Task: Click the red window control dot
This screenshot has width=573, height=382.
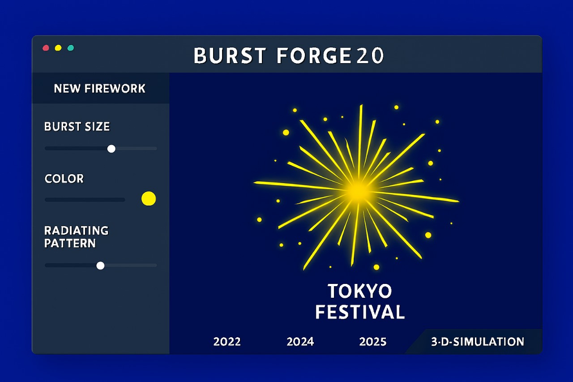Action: click(46, 48)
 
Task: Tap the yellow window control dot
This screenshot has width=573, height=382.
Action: click(58, 48)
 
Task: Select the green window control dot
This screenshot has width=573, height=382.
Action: click(71, 48)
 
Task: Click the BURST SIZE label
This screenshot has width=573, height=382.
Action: click(77, 127)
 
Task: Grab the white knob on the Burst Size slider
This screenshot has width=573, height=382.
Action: click(111, 149)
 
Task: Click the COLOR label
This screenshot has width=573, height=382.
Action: click(64, 179)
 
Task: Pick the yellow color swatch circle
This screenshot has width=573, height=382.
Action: click(149, 198)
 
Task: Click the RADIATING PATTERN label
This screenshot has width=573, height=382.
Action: click(76, 237)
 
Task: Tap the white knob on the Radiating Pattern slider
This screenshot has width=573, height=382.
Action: click(100, 266)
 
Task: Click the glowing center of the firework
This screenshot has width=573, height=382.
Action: click(358, 191)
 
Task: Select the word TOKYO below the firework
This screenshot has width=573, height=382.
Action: click(359, 292)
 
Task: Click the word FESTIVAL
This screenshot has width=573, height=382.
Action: click(360, 312)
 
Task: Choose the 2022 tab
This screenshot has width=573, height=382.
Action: click(227, 342)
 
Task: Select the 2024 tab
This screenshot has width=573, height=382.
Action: click(300, 342)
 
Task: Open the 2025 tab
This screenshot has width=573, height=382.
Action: click(372, 342)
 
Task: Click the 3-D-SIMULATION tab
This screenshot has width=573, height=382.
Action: click(477, 342)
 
